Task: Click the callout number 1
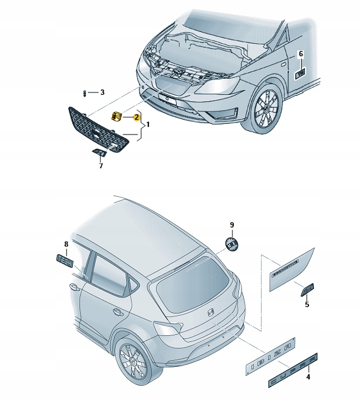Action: coord(148,125)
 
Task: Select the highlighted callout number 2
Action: coord(136,117)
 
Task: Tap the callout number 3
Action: coord(102,92)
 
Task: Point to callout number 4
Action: coord(307,376)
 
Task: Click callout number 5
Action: coord(307,305)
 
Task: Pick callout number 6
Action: coord(300,55)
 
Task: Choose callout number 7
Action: coord(100,165)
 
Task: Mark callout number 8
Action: coord(66,244)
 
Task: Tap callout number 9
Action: coord(232,225)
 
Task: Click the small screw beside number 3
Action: coord(85,93)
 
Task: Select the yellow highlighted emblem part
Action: coord(117,116)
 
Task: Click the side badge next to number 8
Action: coord(65,260)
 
